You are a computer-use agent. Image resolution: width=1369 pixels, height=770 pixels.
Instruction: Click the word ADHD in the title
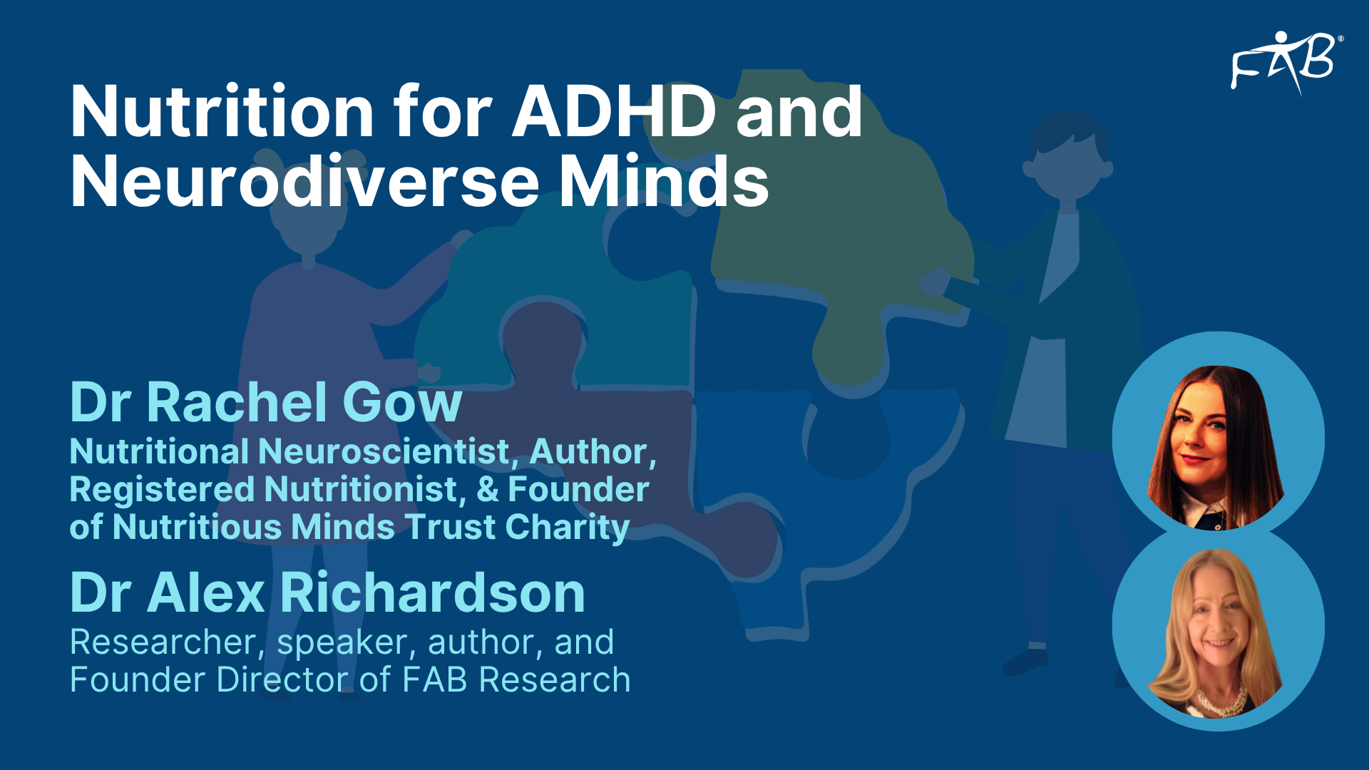[614, 112]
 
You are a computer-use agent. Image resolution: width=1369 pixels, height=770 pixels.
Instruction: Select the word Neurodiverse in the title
[304, 183]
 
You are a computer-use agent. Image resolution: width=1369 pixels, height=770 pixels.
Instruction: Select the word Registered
[163, 491]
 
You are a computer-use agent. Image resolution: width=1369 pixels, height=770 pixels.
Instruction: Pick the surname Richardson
[433, 592]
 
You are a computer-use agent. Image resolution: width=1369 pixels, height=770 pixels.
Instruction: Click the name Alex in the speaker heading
[206, 592]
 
